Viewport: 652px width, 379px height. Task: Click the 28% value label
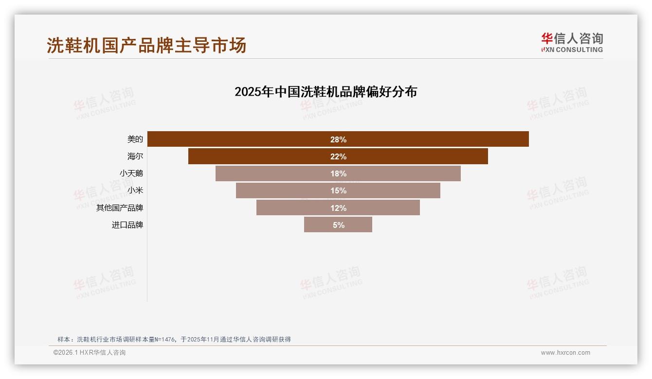click(338, 139)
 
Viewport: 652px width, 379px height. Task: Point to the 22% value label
click(338, 156)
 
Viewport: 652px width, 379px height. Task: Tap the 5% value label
click(339, 225)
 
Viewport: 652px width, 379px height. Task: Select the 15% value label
click(338, 190)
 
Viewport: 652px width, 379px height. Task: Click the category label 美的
click(135, 139)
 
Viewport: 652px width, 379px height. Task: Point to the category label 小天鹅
click(131, 173)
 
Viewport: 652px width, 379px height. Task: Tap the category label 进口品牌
click(127, 225)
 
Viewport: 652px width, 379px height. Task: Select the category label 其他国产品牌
click(120, 207)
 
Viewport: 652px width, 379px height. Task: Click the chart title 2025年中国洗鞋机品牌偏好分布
click(326, 92)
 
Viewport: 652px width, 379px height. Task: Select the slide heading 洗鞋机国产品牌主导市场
click(146, 45)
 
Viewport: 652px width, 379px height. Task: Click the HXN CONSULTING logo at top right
click(572, 43)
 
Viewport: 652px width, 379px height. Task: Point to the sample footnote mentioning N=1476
click(174, 339)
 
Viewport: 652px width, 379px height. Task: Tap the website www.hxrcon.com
click(565, 353)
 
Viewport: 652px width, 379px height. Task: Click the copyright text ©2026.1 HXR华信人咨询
click(90, 353)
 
